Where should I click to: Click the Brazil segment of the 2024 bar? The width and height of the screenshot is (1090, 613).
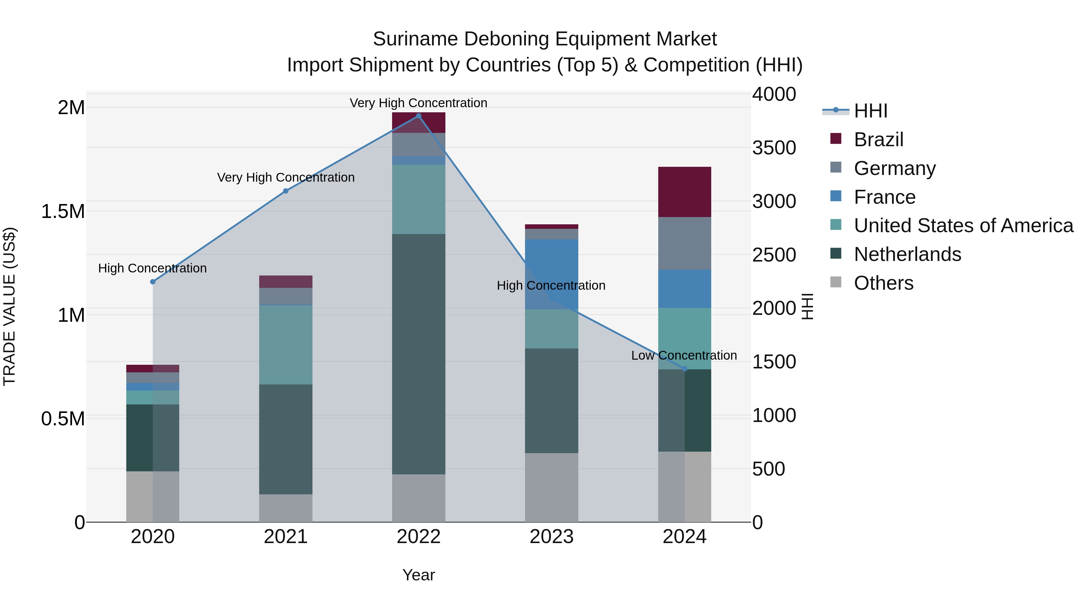pyautogui.click(x=684, y=192)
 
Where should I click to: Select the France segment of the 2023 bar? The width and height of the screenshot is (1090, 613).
pyautogui.click(x=551, y=274)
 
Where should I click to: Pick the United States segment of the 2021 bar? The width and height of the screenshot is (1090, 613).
pyautogui.click(x=286, y=344)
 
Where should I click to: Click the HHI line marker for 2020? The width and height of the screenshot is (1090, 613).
pyautogui.click(x=153, y=282)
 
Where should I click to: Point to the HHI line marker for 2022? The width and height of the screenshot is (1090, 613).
pyautogui.click(x=418, y=116)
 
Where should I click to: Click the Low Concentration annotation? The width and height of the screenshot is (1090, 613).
pyautogui.click(x=684, y=355)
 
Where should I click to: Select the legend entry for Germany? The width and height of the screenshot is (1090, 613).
pyautogui.click(x=894, y=168)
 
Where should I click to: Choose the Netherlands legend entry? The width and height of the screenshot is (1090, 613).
pyautogui.click(x=907, y=254)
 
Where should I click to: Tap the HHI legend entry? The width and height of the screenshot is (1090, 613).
pyautogui.click(x=870, y=111)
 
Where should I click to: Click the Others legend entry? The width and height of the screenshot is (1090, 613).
pyautogui.click(x=883, y=283)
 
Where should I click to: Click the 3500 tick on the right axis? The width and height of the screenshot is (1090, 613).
pyautogui.click(x=774, y=148)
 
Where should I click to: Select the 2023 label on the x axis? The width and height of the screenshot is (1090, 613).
pyautogui.click(x=551, y=537)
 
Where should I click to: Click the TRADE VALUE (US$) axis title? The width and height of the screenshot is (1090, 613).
pyautogui.click(x=9, y=306)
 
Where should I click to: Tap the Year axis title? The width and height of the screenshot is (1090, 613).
pyautogui.click(x=418, y=575)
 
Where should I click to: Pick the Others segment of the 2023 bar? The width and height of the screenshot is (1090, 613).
pyautogui.click(x=551, y=487)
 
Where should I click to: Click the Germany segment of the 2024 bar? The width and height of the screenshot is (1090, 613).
pyautogui.click(x=684, y=243)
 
